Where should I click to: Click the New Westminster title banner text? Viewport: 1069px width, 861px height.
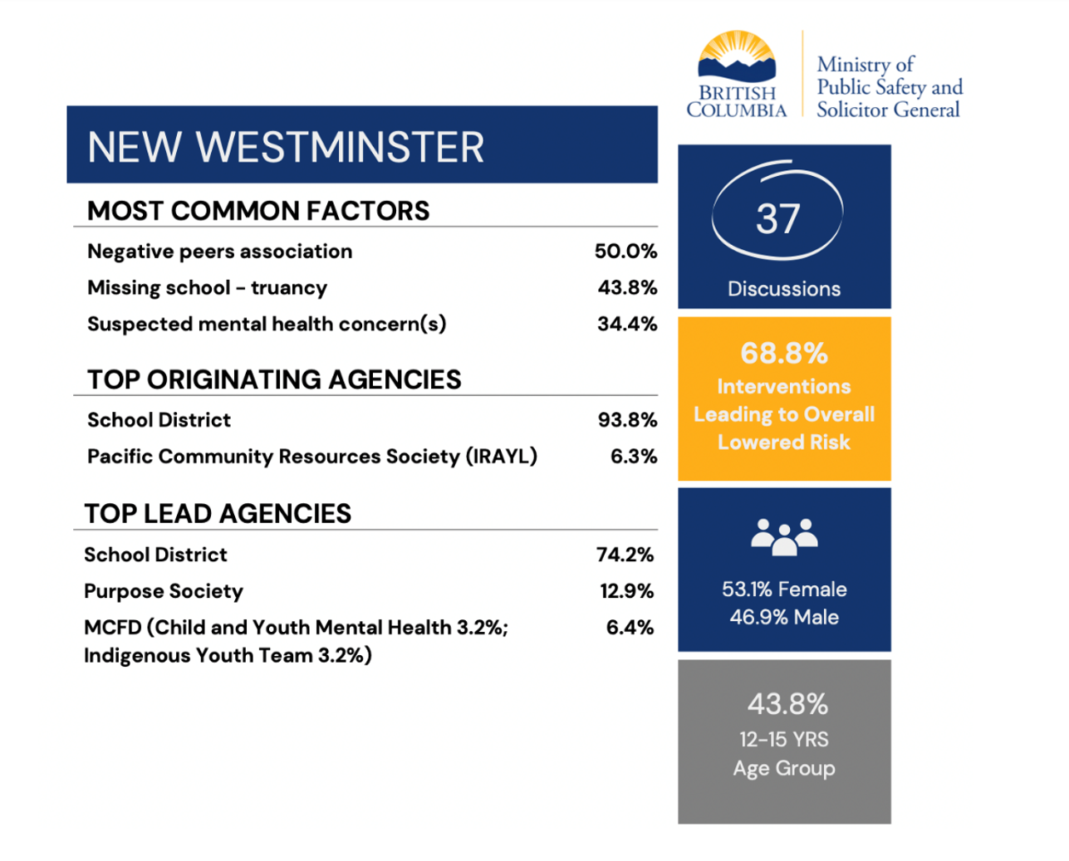pos(286,148)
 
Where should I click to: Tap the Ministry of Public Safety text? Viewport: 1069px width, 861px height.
pos(888,87)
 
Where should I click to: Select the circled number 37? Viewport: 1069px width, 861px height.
pos(778,219)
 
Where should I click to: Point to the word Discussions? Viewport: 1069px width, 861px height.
pos(784,289)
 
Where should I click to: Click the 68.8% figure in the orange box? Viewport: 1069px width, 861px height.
pos(784,354)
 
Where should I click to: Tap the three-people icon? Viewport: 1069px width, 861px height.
pos(784,536)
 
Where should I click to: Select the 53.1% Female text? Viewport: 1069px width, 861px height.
pos(784,589)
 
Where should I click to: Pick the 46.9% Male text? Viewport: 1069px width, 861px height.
pos(784,618)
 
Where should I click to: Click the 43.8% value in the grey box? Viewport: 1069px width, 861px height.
pos(787,705)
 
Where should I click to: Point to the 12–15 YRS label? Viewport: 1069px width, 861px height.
pos(784,740)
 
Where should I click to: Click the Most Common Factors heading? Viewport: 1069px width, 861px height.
pos(258,211)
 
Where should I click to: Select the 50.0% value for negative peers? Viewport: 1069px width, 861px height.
pos(625,252)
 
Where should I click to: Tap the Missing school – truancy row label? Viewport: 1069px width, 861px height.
pos(207,288)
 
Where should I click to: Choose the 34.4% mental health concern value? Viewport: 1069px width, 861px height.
pos(627,324)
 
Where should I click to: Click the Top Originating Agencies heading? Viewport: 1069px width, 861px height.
pos(274,379)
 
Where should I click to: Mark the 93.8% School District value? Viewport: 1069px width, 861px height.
pos(627,420)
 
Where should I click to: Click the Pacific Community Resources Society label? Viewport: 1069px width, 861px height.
pos(312,457)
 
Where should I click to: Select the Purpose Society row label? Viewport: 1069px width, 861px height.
pos(164,591)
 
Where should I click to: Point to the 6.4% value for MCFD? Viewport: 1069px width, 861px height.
pos(630,628)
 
